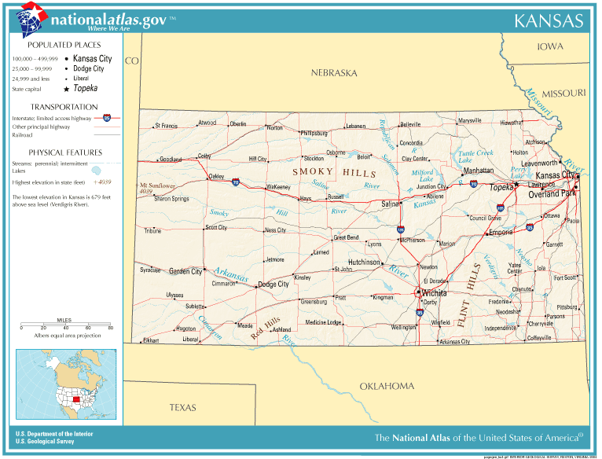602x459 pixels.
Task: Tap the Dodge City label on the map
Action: coord(274,285)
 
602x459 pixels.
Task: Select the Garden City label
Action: coord(185,271)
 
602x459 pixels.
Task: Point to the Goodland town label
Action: coord(170,160)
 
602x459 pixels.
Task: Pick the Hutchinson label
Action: coord(365,262)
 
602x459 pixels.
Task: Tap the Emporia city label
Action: coord(501,233)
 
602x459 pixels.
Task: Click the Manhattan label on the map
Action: coord(479,171)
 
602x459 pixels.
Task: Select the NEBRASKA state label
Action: coord(333,73)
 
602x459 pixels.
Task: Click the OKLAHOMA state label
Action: coord(387,386)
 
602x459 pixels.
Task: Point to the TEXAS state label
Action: coord(182,407)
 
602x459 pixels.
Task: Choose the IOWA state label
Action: coord(549,46)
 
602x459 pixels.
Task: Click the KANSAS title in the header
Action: coord(549,20)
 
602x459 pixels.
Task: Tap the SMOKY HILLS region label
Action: coord(324,171)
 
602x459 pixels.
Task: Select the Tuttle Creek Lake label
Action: coord(475,156)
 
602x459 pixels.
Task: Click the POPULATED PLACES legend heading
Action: coord(65,45)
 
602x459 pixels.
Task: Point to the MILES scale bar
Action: coord(66,326)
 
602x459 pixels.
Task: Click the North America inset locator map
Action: coord(66,385)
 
